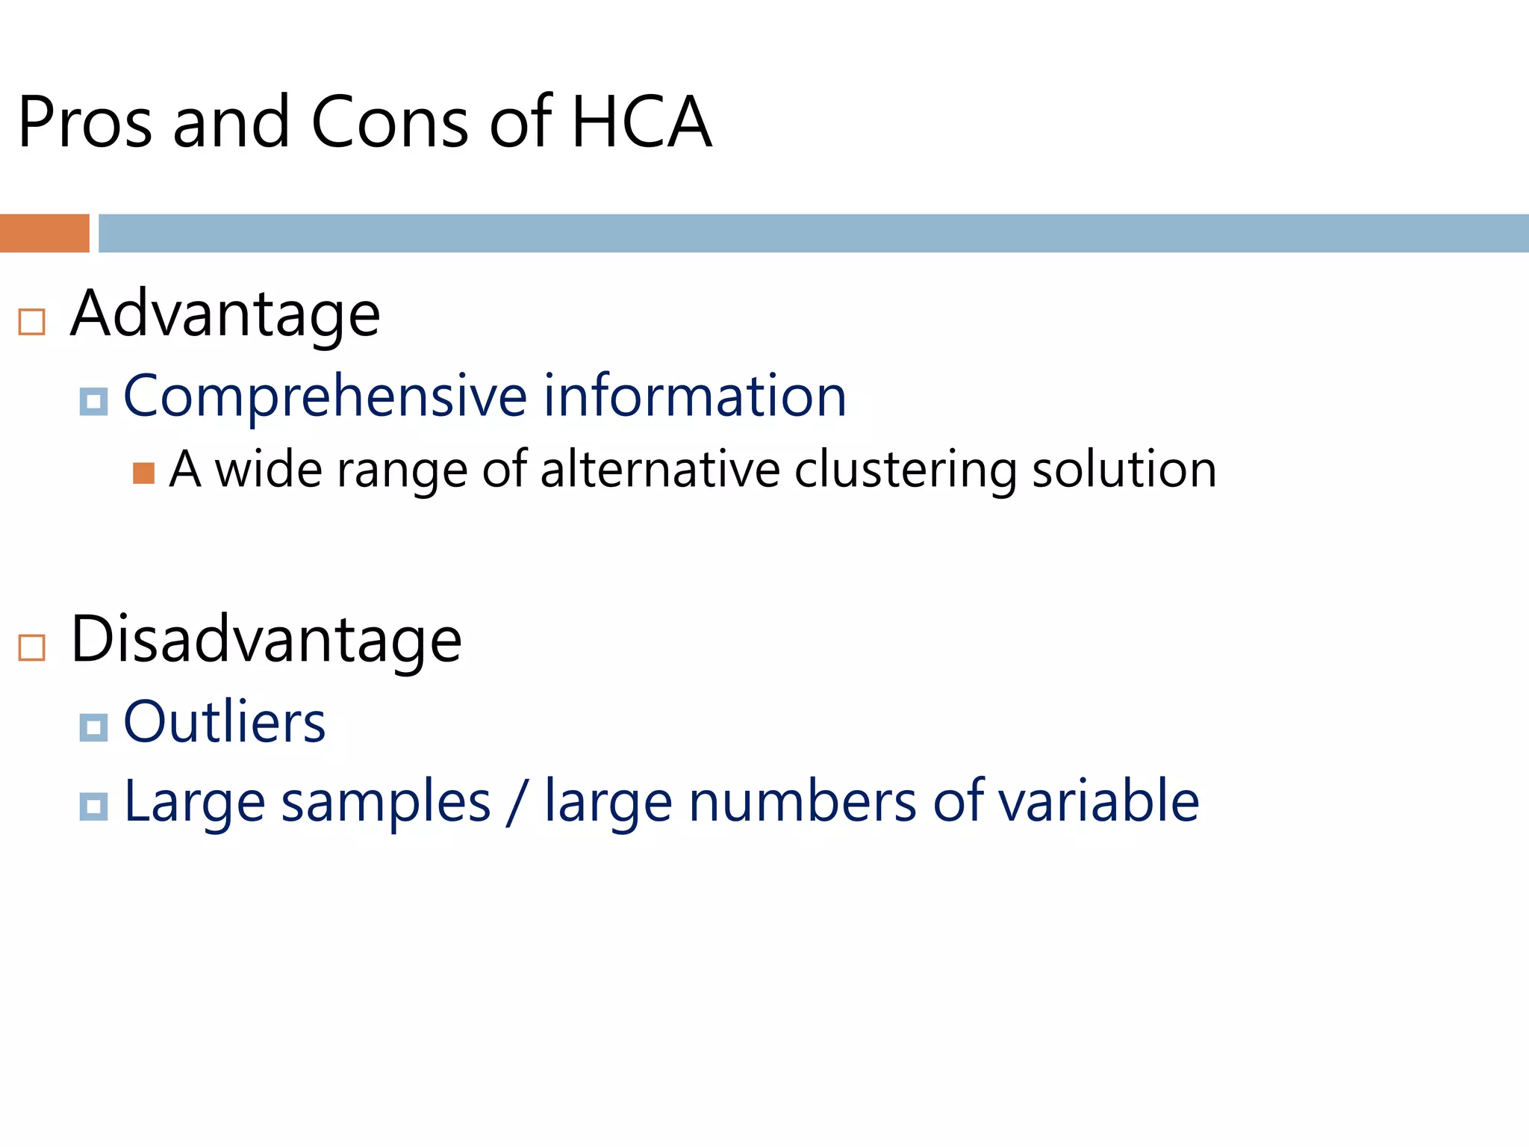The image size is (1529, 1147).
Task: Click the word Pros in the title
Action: (x=85, y=122)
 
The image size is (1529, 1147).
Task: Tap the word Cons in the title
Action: (x=390, y=122)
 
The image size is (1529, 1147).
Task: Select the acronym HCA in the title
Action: (x=641, y=122)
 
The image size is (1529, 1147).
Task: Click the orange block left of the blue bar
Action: (x=44, y=233)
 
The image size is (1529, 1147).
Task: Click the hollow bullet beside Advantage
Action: (x=31, y=322)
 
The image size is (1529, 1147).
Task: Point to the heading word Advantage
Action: (x=225, y=314)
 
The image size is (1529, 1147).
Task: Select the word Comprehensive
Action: (x=326, y=397)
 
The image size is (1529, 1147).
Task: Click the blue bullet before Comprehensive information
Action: (x=93, y=402)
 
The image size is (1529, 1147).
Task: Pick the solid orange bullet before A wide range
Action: (x=143, y=473)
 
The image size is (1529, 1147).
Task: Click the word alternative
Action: (x=660, y=470)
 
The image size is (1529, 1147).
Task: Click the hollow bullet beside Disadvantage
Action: (x=31, y=647)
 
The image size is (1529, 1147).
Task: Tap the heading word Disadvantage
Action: (x=267, y=640)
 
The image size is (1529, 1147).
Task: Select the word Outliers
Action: (x=225, y=722)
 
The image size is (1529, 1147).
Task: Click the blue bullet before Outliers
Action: (x=93, y=727)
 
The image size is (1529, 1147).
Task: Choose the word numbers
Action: (x=803, y=801)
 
